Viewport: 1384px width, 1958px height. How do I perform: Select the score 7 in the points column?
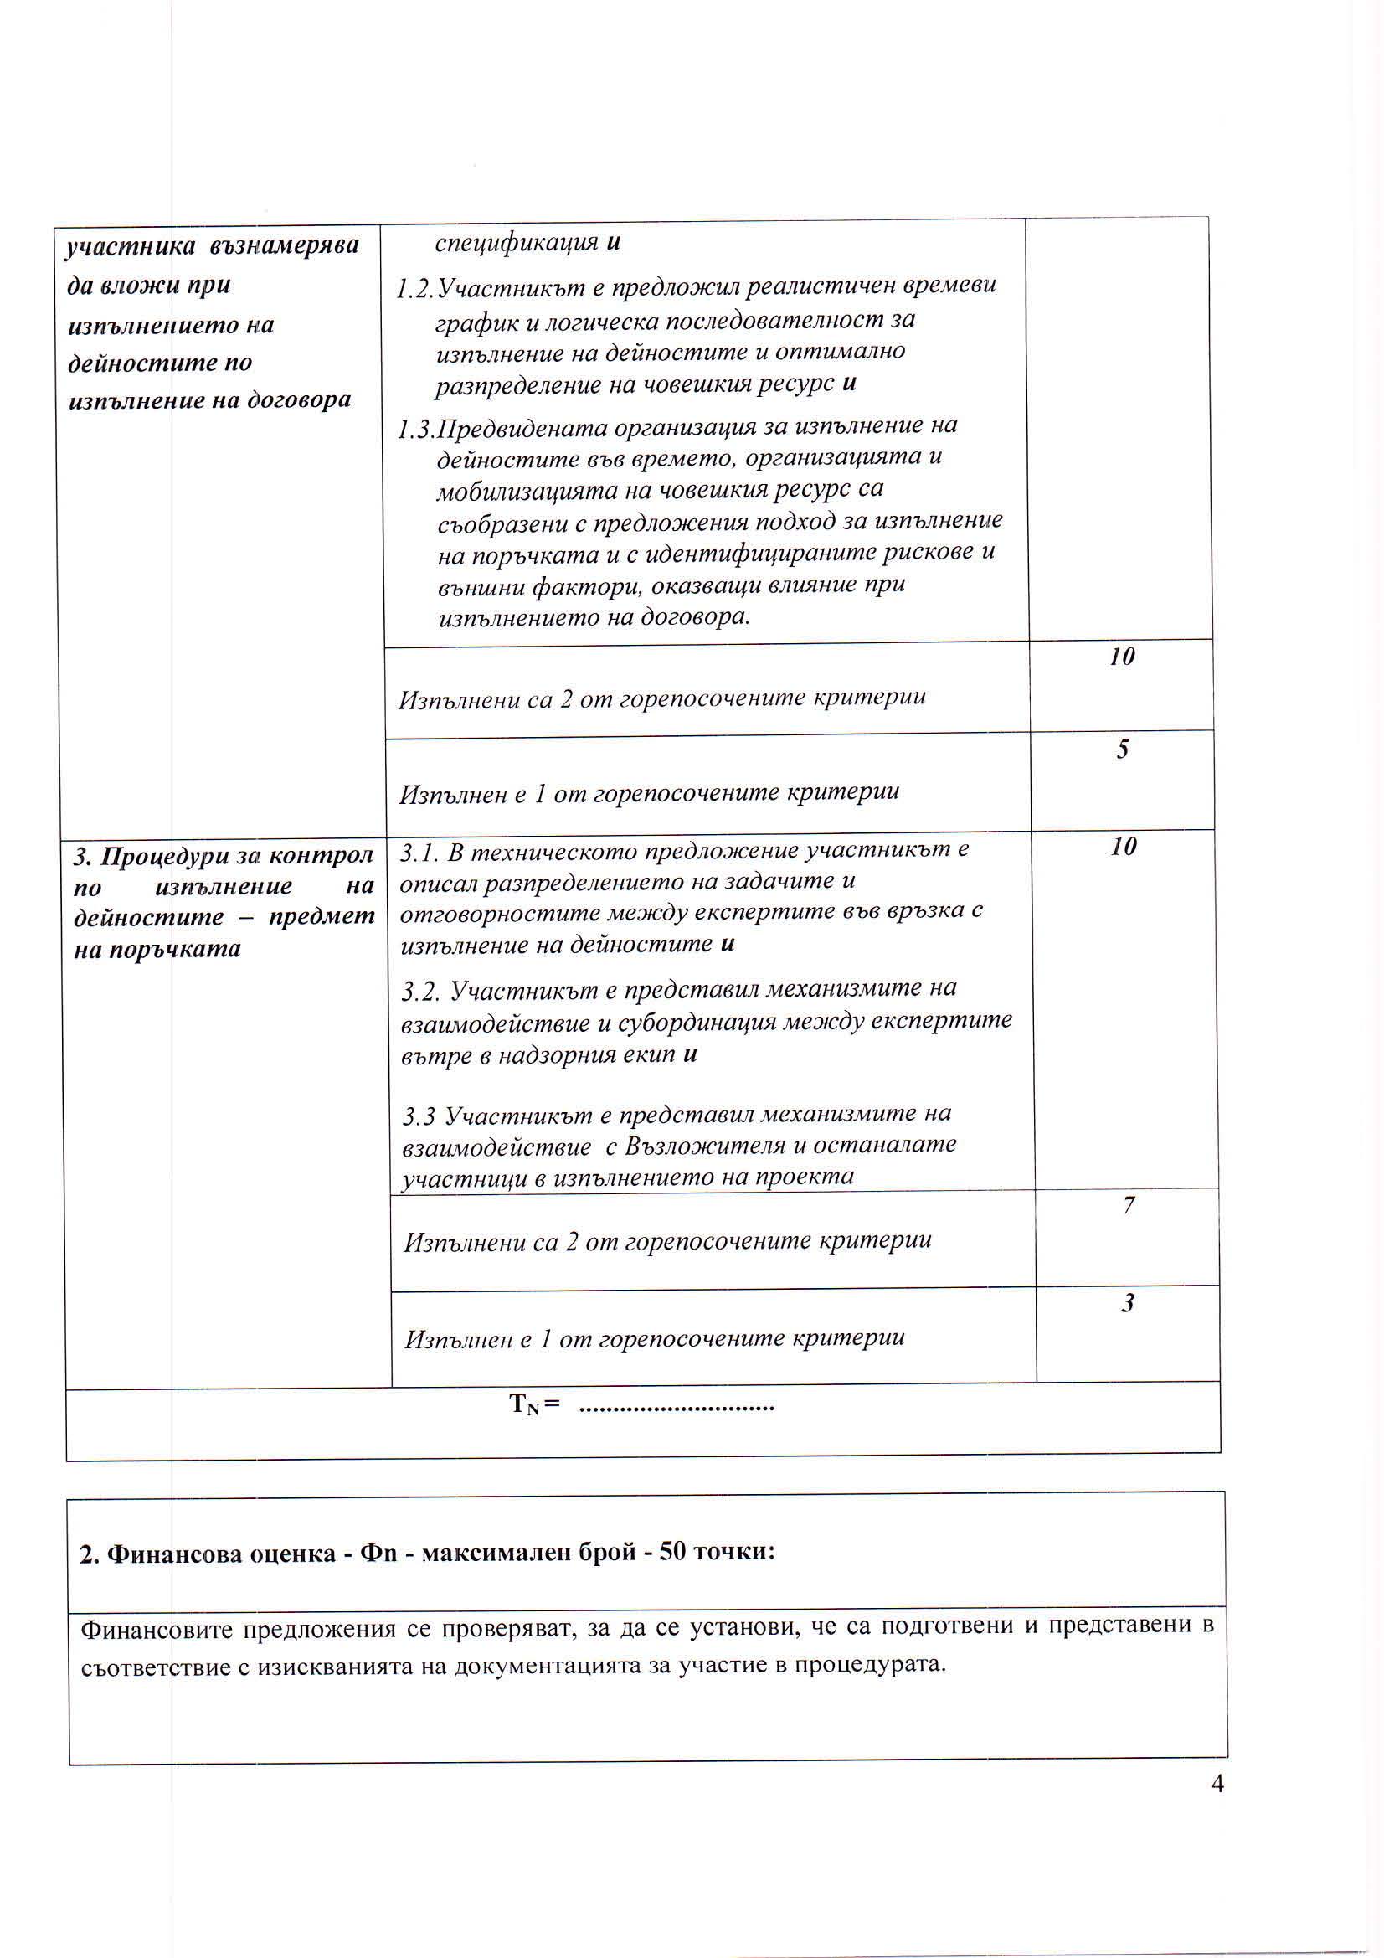pos(1128,1205)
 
